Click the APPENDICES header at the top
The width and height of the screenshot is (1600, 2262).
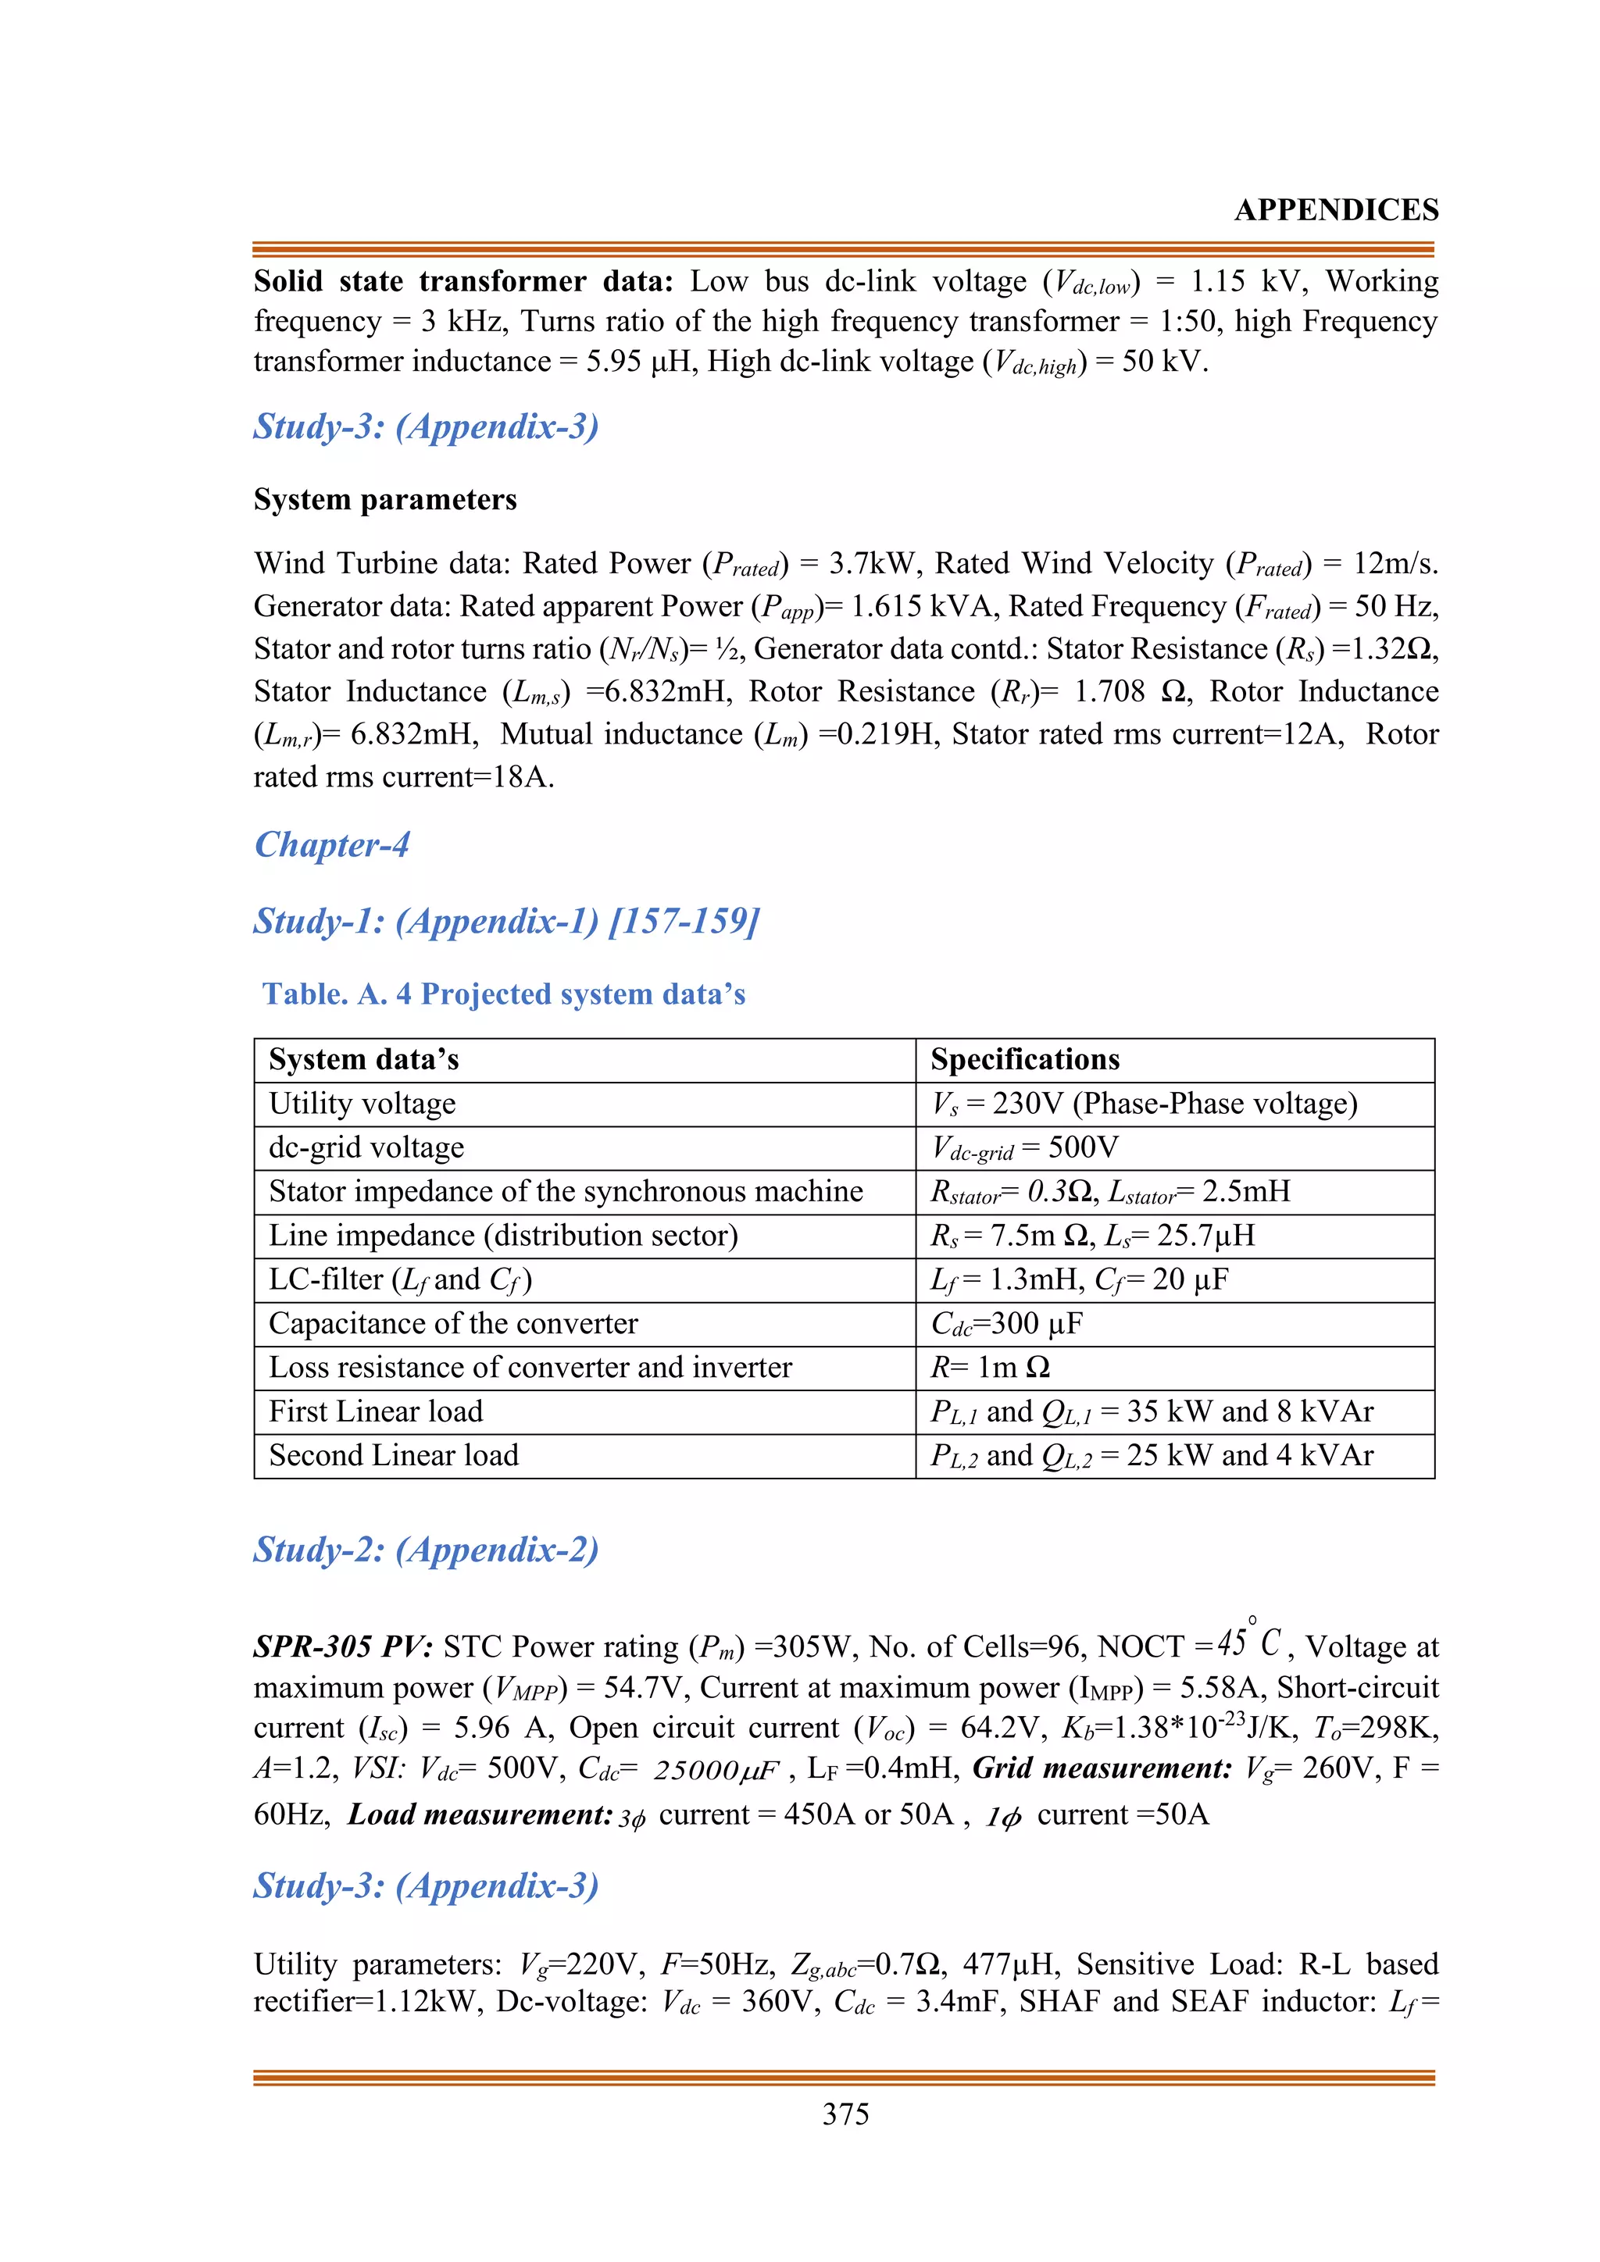pos(1336,210)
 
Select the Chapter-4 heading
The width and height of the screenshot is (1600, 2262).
pos(332,844)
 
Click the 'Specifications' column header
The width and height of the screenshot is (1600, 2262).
pos(1025,1059)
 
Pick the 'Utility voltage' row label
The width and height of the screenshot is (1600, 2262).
pos(362,1104)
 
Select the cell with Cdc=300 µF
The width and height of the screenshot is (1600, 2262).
pos(1007,1323)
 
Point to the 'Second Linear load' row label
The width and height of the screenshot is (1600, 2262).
pos(393,1455)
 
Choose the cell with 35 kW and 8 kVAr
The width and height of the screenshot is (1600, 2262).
pos(1152,1411)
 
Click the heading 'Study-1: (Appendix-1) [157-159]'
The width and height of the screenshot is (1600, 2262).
pos(506,920)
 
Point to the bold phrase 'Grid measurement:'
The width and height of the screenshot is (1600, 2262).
pos(1102,1768)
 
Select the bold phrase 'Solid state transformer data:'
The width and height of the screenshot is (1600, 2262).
pos(463,282)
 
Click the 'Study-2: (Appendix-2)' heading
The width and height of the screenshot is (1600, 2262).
pos(426,1550)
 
